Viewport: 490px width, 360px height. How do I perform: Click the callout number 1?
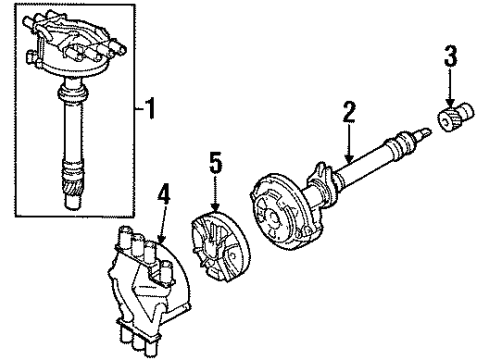click(151, 103)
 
